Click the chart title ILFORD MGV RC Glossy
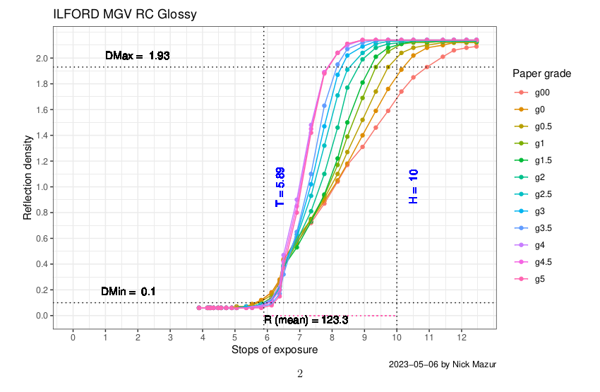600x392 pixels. pos(125,14)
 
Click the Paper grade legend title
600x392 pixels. pos(541,73)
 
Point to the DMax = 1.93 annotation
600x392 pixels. pos(137,55)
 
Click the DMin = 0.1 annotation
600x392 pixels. pos(128,291)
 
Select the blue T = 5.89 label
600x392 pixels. pos(280,186)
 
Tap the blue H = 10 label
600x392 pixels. pos(414,186)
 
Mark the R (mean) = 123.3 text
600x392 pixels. pos(306,320)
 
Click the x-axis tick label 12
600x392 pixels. pos(461,338)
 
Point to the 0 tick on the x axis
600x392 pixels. pos(73,338)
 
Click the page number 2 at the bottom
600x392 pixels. pos(300,374)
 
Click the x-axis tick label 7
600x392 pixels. pos(299,338)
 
